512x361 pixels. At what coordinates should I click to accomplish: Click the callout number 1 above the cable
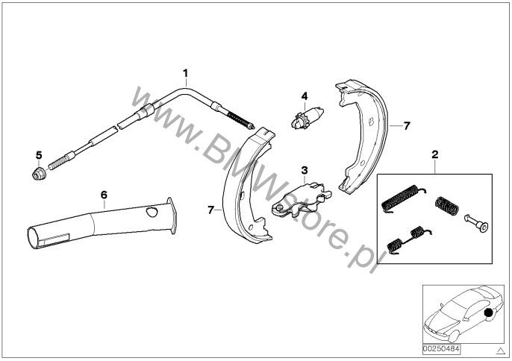tap(185, 73)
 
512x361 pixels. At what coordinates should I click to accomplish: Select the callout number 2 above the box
tap(435, 154)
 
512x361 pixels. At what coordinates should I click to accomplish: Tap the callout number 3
tap(305, 170)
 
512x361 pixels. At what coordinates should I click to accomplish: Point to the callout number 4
tap(305, 96)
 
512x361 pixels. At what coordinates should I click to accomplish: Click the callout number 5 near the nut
tap(39, 154)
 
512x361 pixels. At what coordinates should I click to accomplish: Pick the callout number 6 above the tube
tap(104, 195)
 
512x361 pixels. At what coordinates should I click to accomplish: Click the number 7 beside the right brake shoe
tap(407, 125)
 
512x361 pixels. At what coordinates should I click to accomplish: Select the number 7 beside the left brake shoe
tap(211, 210)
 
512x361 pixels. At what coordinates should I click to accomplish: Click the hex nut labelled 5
tap(39, 173)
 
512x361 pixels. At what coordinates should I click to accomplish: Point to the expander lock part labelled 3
tap(302, 200)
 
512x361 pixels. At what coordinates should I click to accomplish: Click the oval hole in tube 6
tap(152, 212)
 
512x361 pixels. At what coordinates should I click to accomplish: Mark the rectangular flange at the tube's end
tap(172, 216)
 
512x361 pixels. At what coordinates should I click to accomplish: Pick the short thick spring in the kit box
tap(447, 206)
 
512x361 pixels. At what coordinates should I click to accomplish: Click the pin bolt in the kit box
tap(476, 222)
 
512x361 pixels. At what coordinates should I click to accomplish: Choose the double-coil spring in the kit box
tap(408, 239)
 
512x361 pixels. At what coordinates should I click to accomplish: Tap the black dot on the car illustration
tap(488, 313)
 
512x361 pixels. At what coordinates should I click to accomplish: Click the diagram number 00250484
tap(442, 349)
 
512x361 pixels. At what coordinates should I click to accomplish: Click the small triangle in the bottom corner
tap(500, 351)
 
